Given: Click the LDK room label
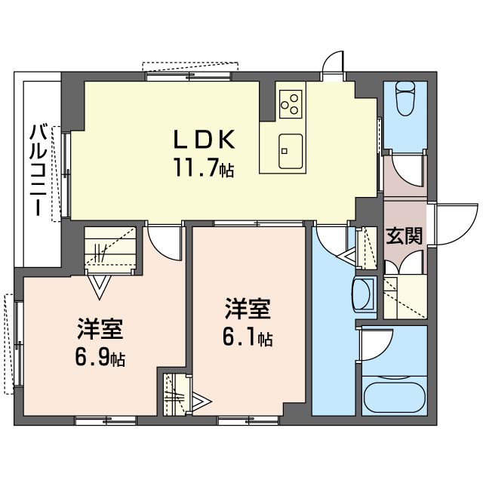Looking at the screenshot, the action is click(205, 140).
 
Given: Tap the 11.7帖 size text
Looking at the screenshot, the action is click(205, 168).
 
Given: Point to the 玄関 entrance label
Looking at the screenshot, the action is click(404, 237).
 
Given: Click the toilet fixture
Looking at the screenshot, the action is click(405, 99).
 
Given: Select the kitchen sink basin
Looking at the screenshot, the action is click(290, 151).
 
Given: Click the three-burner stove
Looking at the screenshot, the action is click(291, 104).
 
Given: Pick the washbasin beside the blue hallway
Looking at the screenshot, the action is click(364, 294).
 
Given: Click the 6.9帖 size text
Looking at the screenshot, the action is click(100, 358).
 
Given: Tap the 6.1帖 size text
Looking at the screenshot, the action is click(248, 338).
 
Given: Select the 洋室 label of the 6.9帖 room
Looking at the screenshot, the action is click(100, 328).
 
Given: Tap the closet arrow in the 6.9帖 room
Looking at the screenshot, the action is click(99, 287).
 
